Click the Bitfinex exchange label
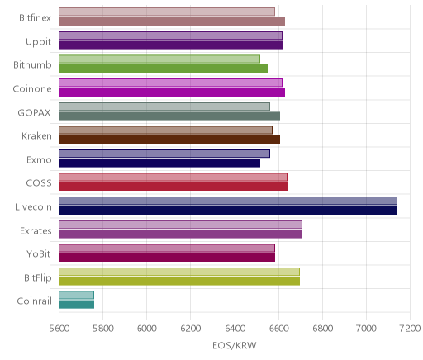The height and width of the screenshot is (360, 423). (35, 18)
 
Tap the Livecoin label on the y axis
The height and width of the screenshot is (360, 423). (33, 206)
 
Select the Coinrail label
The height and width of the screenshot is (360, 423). (34, 301)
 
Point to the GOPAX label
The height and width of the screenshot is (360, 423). (34, 112)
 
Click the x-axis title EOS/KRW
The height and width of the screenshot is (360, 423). (235, 345)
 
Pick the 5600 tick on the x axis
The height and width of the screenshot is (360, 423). (59, 328)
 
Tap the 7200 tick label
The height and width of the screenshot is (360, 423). (410, 328)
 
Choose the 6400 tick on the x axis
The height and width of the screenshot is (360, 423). (235, 328)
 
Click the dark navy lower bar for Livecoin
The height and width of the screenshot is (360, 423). (228, 211)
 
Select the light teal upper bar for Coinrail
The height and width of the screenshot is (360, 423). (76, 295)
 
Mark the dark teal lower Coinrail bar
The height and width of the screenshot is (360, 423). (76, 305)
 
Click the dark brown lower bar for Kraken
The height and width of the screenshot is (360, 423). (169, 140)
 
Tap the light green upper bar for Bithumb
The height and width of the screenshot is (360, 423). (159, 59)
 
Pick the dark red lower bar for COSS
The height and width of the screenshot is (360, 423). (173, 187)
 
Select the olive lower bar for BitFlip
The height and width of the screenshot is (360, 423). (179, 281)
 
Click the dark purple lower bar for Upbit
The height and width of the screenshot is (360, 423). (170, 45)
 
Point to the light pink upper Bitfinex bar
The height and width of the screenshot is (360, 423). (167, 12)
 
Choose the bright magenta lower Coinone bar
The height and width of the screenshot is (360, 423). (172, 92)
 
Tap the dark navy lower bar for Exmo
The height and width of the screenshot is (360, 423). (159, 163)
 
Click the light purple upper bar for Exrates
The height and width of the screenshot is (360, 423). (180, 225)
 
